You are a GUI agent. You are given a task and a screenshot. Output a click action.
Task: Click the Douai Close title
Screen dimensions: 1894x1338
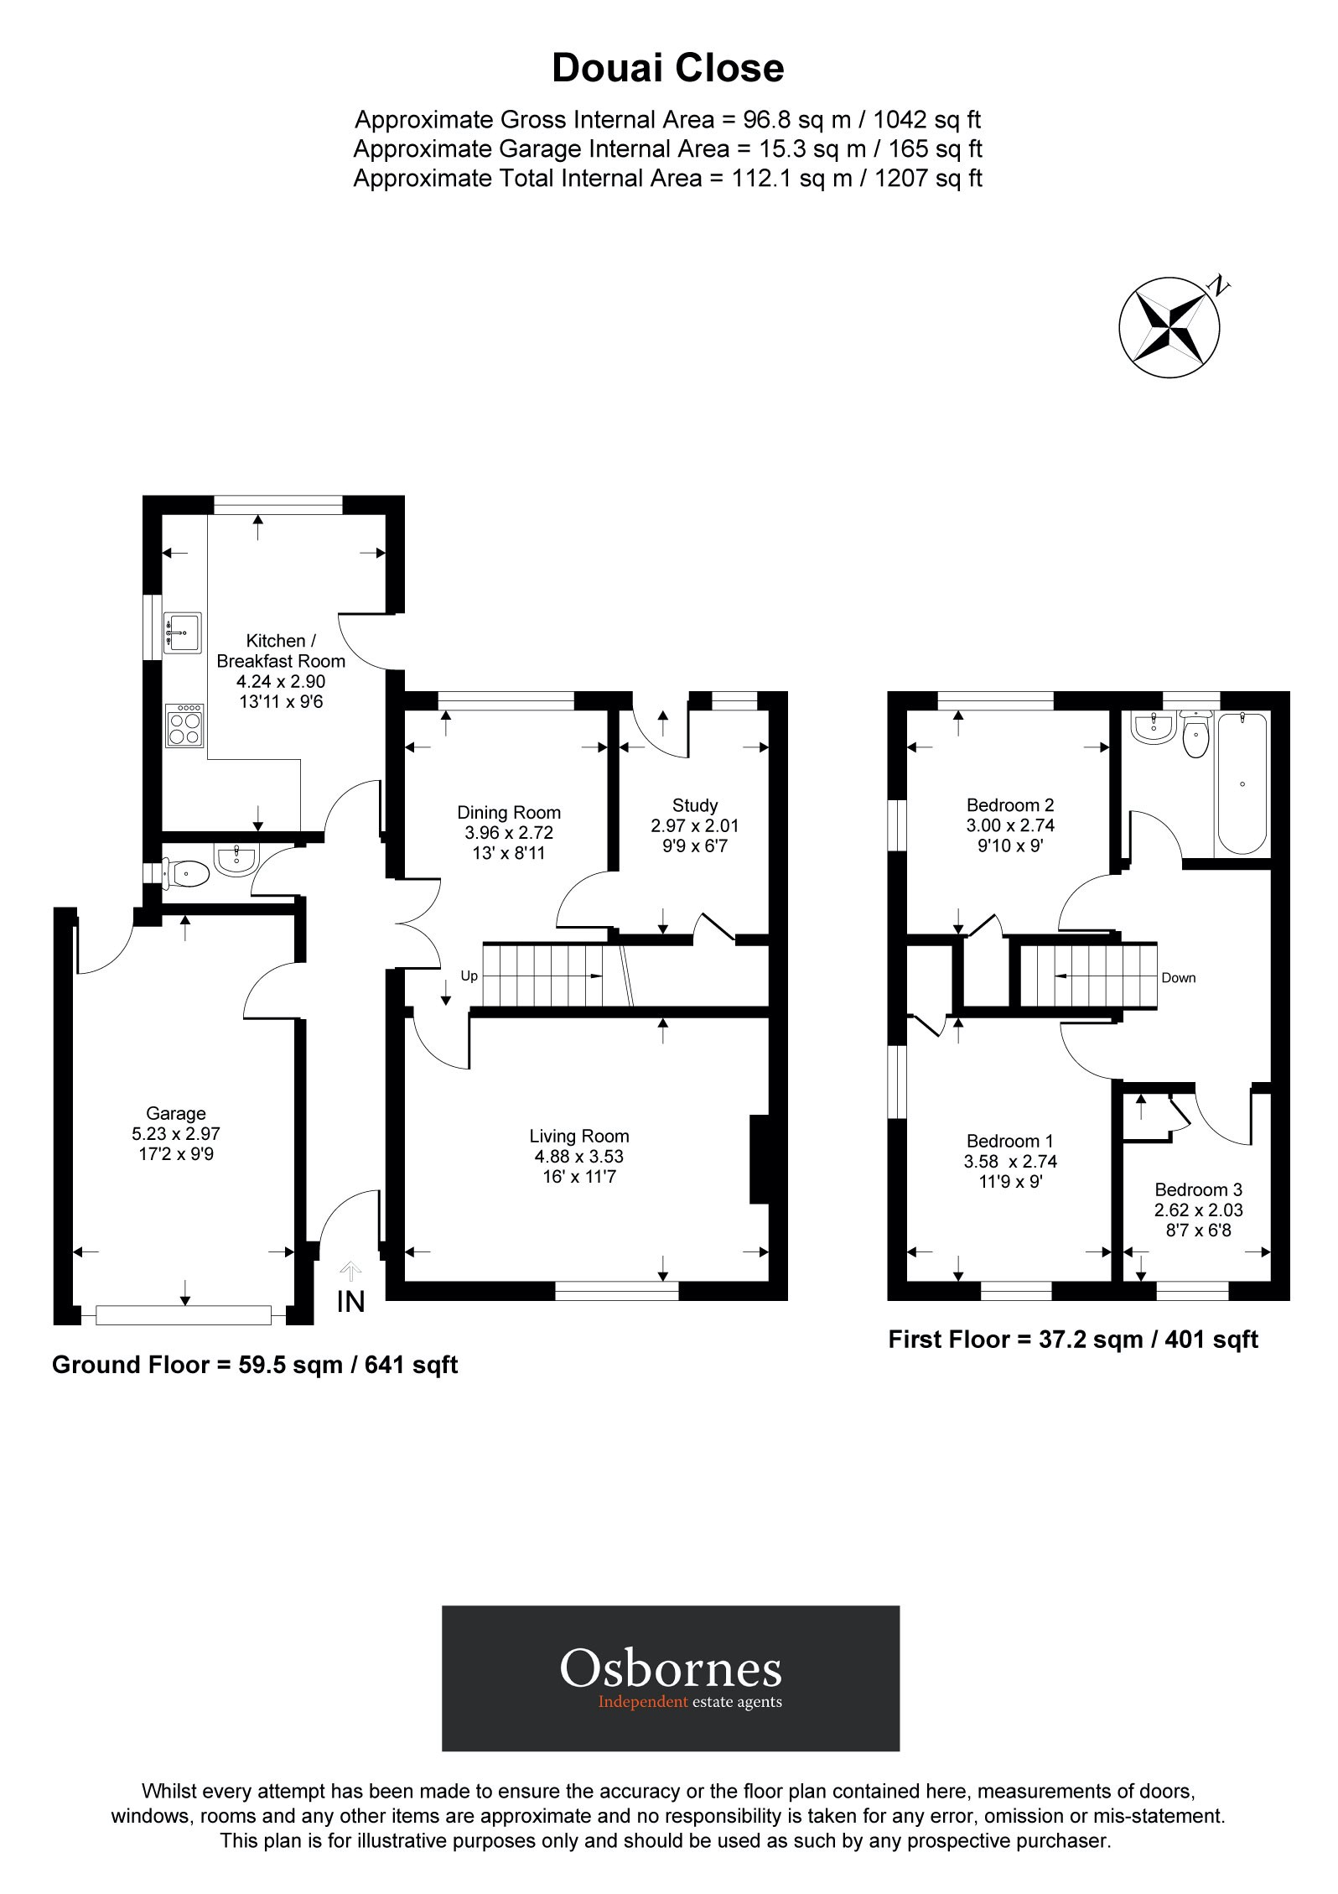tap(667, 69)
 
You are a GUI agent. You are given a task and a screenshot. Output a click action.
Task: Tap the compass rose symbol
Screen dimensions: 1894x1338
tap(1169, 325)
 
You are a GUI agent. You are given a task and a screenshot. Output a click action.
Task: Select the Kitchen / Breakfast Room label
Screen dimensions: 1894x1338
tap(281, 651)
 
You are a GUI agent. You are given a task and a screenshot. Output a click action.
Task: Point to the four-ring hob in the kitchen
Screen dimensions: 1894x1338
tap(184, 726)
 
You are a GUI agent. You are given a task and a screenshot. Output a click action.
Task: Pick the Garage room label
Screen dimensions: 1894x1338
tap(175, 1113)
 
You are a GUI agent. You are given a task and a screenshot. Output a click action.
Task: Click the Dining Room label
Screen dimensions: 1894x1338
tap(509, 812)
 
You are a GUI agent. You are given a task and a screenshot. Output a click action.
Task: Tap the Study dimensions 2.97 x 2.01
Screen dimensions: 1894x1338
tap(695, 826)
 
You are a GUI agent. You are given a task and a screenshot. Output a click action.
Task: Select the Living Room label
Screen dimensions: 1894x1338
tap(578, 1136)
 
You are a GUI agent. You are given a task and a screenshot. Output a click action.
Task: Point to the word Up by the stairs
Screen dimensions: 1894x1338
tap(469, 976)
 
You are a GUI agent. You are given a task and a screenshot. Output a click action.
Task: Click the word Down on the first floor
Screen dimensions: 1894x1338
tap(1178, 978)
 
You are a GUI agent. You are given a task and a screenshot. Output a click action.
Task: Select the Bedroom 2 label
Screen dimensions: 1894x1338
tap(1009, 804)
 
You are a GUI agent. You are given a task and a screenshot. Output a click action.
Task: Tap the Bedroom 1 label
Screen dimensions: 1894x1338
tap(1009, 1141)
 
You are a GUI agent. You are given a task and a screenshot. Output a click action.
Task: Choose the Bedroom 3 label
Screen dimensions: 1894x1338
tap(1198, 1189)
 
